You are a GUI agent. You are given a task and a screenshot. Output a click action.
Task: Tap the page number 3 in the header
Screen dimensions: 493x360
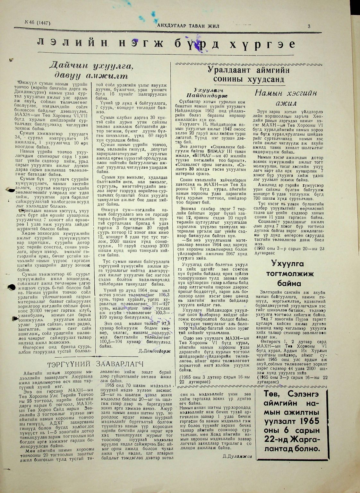pos(309,27)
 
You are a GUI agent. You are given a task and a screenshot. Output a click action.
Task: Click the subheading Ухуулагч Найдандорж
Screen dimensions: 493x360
pos(207,93)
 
